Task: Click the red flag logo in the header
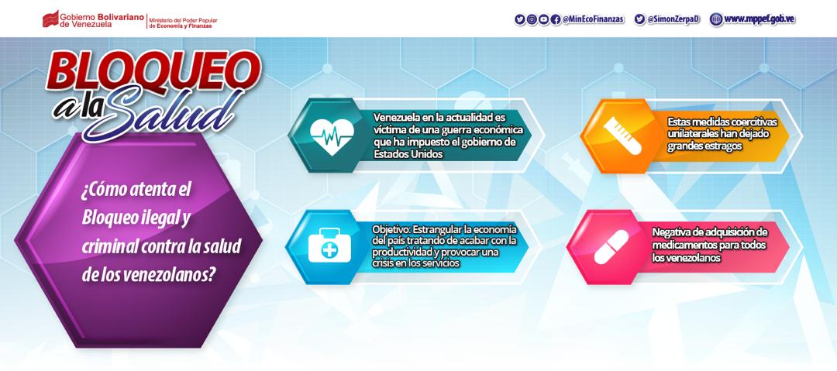[50, 19]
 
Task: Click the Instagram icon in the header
[532, 19]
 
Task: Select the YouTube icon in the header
[543, 19]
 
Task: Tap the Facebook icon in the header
[555, 19]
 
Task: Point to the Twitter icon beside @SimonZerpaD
[639, 19]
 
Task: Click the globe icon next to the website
[716, 19]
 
